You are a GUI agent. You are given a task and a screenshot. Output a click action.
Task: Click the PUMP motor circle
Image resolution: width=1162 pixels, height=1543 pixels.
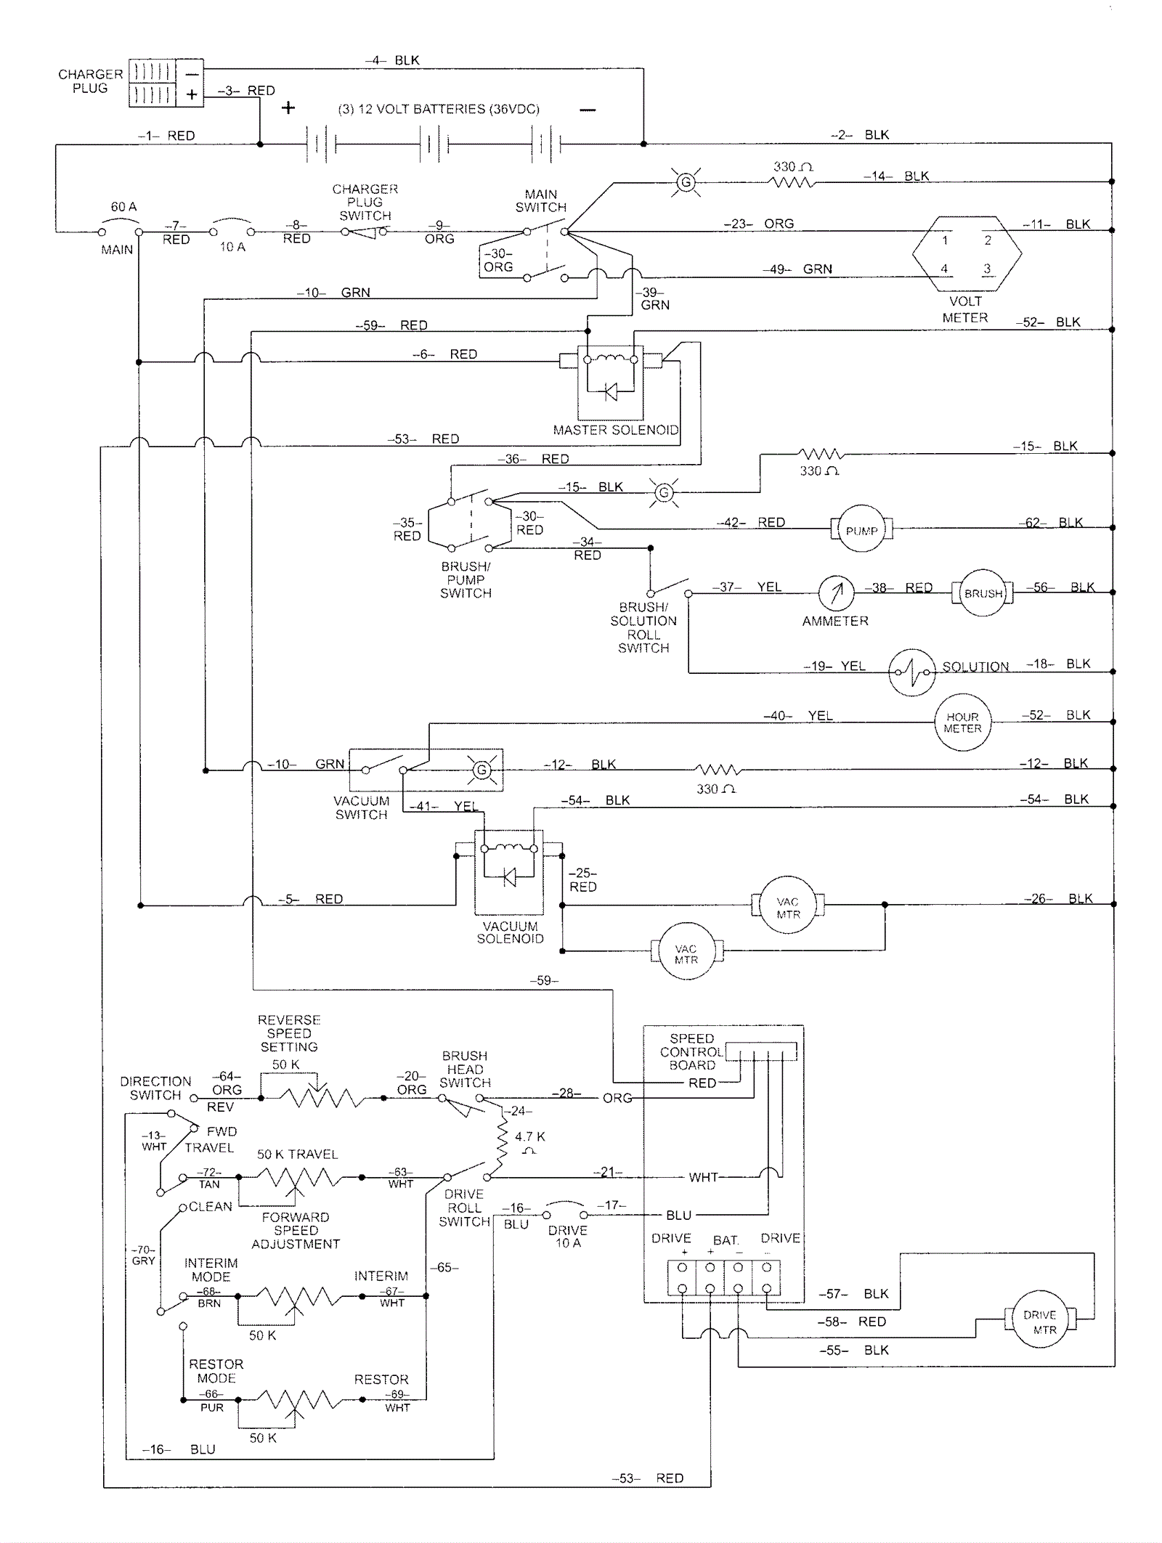point(861,529)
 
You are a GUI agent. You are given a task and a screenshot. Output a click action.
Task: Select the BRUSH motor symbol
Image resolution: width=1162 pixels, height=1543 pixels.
point(983,593)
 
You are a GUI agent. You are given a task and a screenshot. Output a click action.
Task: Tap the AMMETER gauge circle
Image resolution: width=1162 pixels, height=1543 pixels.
point(836,593)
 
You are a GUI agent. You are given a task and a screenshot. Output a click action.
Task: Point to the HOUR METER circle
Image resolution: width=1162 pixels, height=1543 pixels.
point(962,722)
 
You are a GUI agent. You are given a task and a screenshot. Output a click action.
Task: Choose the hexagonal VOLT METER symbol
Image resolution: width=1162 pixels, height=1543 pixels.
point(967,254)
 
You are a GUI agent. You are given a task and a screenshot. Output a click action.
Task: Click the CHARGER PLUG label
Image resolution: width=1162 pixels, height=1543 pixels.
point(90,81)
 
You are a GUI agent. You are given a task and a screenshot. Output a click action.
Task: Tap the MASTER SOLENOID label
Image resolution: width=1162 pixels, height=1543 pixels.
point(616,430)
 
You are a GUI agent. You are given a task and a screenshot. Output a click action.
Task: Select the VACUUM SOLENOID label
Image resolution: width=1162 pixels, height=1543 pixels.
point(510,932)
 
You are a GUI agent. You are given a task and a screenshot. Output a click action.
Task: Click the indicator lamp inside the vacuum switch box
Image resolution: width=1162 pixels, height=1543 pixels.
point(482,770)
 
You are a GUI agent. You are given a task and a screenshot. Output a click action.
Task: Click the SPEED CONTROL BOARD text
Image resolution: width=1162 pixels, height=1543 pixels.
point(691,1051)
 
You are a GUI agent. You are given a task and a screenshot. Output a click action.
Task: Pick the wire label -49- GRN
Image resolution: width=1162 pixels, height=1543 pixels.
point(797,269)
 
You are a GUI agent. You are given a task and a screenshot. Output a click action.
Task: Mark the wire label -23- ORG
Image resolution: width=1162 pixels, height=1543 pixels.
point(758,224)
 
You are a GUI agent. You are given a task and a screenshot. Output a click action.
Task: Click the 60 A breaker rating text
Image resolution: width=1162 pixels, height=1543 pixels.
point(123,207)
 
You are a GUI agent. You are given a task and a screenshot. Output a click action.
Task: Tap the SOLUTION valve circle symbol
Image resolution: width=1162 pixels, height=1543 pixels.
point(912,672)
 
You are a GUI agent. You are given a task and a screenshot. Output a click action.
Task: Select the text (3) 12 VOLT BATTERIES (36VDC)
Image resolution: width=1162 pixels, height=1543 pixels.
point(438,109)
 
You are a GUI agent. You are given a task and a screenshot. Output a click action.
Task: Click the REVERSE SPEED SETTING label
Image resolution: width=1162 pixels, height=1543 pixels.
point(289,1033)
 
